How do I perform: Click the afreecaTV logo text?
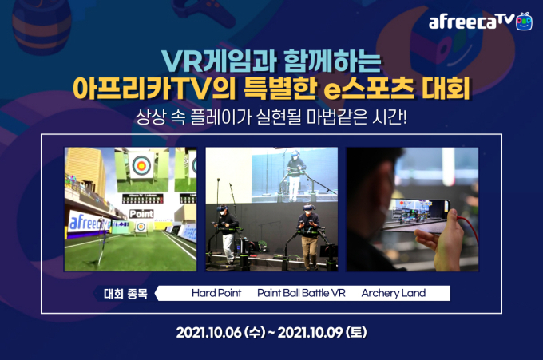(x=471, y=22)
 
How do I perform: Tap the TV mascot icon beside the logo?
(x=524, y=21)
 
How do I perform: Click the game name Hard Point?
(x=216, y=293)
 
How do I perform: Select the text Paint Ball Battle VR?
(x=301, y=293)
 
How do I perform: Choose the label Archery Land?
(x=394, y=293)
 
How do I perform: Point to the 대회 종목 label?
(x=125, y=294)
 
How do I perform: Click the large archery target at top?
(x=141, y=165)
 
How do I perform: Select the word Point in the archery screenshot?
(x=141, y=214)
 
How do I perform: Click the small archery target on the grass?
(x=141, y=227)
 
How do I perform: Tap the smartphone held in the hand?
(x=415, y=215)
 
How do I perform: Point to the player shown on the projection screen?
(x=295, y=175)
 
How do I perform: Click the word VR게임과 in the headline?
(x=219, y=61)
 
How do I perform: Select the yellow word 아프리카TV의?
(x=154, y=89)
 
